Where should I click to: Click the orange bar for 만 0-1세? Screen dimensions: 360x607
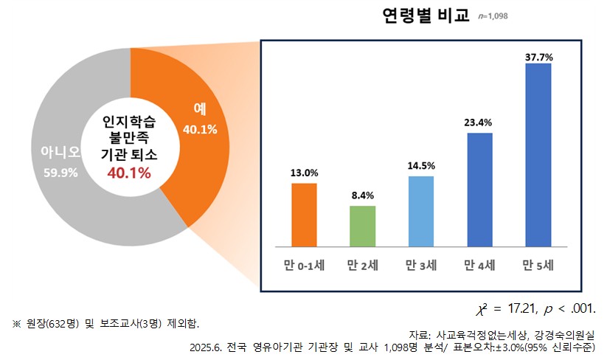tap(304, 215)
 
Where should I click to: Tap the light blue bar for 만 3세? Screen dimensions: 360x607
tap(420, 211)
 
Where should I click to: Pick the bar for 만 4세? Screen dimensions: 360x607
tap(479, 190)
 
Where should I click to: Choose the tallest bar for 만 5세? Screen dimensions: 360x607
tap(538, 155)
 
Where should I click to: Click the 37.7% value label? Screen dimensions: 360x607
tap(538, 56)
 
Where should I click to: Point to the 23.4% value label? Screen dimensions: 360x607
tap(479, 123)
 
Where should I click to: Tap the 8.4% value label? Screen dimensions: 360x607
tap(362, 195)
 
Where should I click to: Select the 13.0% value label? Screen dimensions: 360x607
tap(304, 173)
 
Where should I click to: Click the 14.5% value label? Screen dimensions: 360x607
tap(420, 166)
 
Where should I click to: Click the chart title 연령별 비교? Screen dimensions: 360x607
tap(426, 16)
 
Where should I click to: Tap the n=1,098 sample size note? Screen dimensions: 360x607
tap(493, 16)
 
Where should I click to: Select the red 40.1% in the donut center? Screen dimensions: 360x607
tap(130, 173)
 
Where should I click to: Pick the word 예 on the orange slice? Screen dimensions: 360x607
tap(199, 108)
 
